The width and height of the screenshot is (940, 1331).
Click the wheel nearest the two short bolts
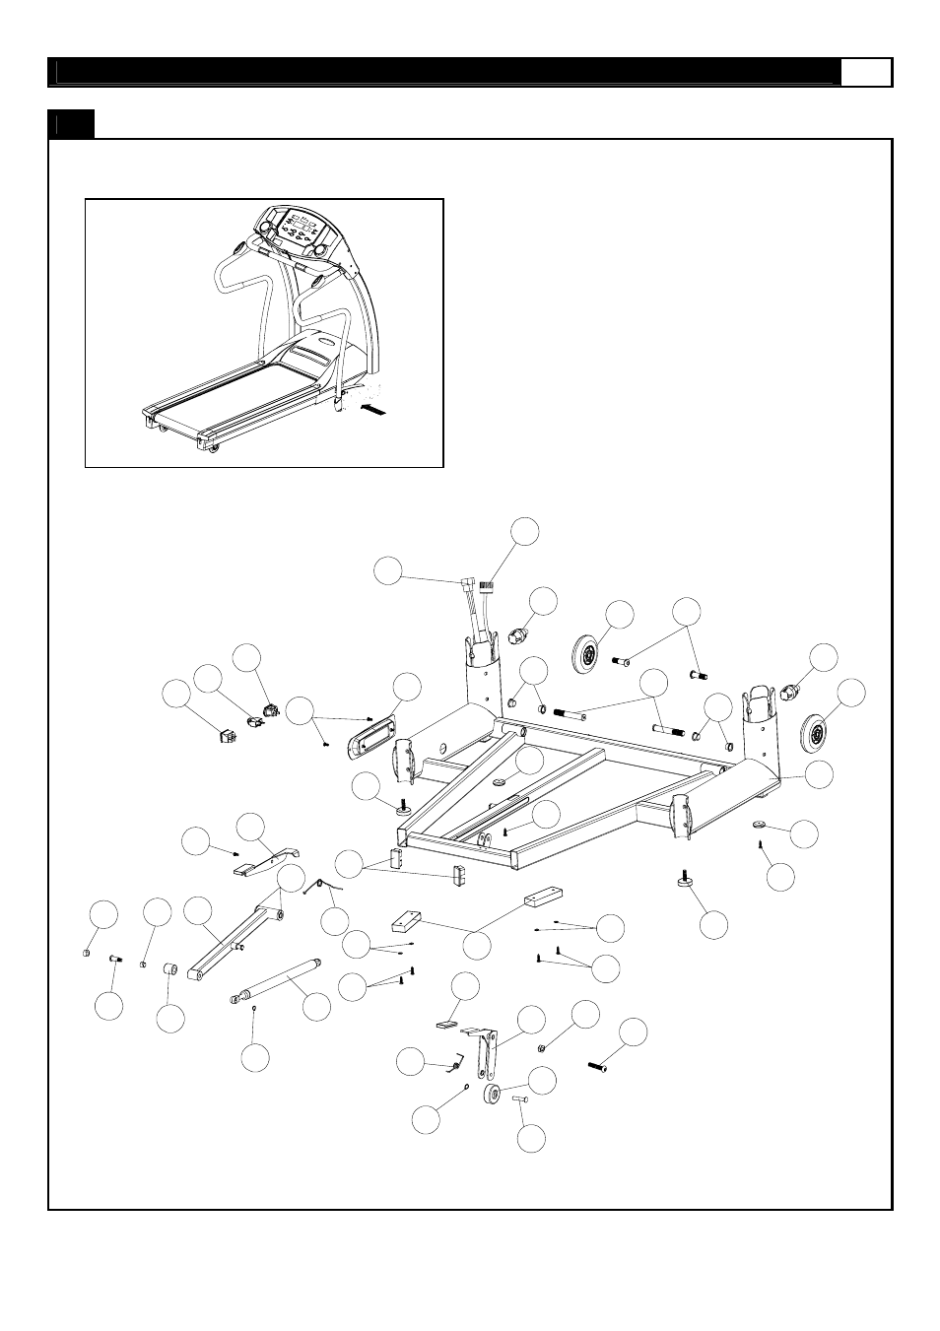coord(588,652)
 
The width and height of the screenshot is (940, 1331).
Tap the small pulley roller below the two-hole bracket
coord(494,1098)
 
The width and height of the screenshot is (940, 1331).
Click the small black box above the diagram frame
coord(71,124)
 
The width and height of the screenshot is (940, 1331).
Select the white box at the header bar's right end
coord(867,73)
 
